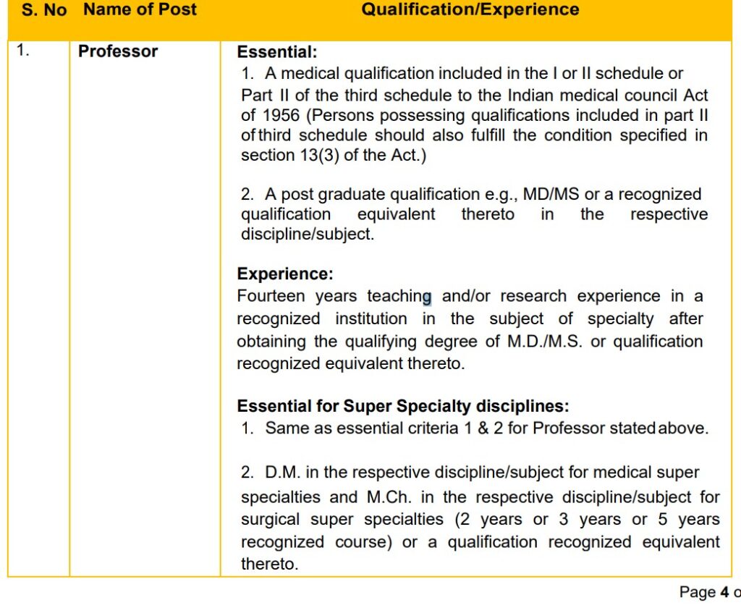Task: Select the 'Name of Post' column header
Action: [x=140, y=10]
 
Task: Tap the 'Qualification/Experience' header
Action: [x=470, y=10]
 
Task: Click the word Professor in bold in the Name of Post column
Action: [x=118, y=51]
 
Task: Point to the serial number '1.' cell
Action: [x=23, y=51]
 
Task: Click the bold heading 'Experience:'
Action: [x=285, y=274]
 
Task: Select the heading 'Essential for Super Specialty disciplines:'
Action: [x=403, y=406]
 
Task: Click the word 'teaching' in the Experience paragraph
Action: [x=399, y=296]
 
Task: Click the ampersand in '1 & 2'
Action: [x=483, y=428]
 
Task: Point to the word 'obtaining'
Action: [x=271, y=341]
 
